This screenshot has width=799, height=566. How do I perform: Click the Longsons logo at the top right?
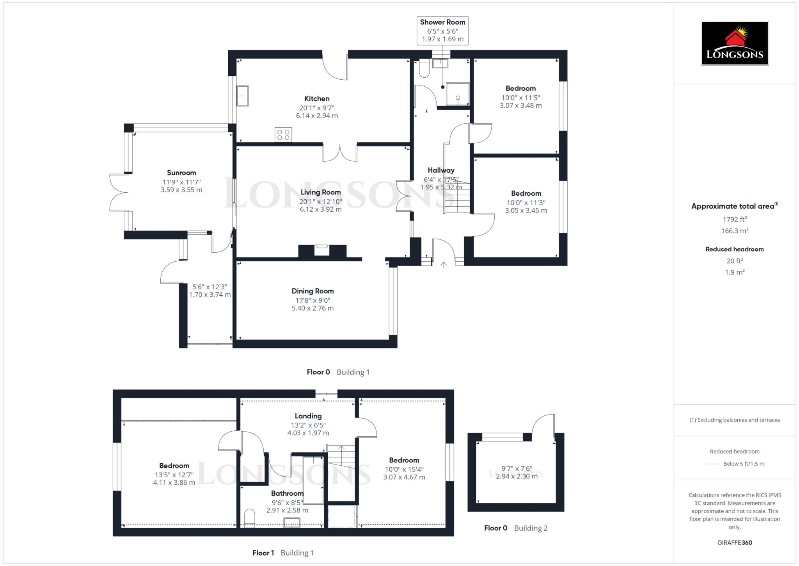(x=734, y=43)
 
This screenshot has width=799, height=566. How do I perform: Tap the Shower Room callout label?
(x=442, y=22)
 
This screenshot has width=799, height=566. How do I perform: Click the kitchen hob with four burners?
(x=283, y=135)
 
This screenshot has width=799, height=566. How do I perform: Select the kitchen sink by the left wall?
(x=242, y=96)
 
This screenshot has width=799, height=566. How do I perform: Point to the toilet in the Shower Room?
(x=424, y=69)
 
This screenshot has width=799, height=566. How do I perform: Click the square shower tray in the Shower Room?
(x=457, y=94)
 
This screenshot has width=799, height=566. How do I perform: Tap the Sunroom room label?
(x=181, y=173)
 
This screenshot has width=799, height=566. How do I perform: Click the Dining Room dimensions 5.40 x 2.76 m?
(x=312, y=308)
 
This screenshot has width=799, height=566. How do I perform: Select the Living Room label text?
(x=320, y=192)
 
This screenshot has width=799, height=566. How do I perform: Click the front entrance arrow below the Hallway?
(x=444, y=265)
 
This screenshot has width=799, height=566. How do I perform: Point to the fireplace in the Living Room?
(x=322, y=250)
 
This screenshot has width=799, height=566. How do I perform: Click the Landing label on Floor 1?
(x=308, y=416)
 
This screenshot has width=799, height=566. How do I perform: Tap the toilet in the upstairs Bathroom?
(x=249, y=518)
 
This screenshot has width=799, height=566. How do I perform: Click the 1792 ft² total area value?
(x=734, y=220)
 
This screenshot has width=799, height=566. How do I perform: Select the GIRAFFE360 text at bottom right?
(x=734, y=543)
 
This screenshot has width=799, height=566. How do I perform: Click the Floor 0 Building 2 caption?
(x=515, y=528)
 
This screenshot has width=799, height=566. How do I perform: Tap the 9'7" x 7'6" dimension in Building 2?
(x=517, y=468)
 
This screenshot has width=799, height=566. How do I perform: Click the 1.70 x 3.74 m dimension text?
(x=210, y=295)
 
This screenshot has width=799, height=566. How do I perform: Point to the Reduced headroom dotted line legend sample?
(x=712, y=464)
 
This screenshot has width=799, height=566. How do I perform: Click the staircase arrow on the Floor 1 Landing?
(x=341, y=450)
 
